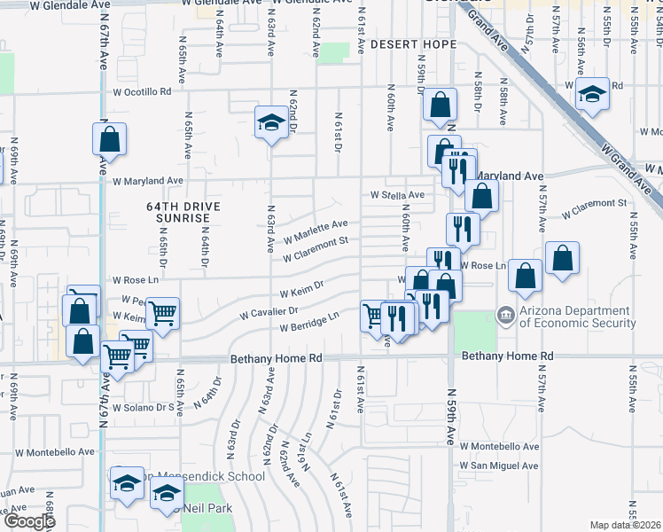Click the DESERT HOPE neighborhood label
click(x=413, y=43)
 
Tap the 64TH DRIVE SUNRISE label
click(x=178, y=212)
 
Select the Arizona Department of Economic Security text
click(x=577, y=317)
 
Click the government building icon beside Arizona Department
click(x=505, y=314)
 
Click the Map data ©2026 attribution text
click(x=626, y=525)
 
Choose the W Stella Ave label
click(x=397, y=194)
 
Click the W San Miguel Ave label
click(x=498, y=465)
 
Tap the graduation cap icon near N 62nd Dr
click(x=270, y=121)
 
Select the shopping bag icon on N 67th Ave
click(x=109, y=139)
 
